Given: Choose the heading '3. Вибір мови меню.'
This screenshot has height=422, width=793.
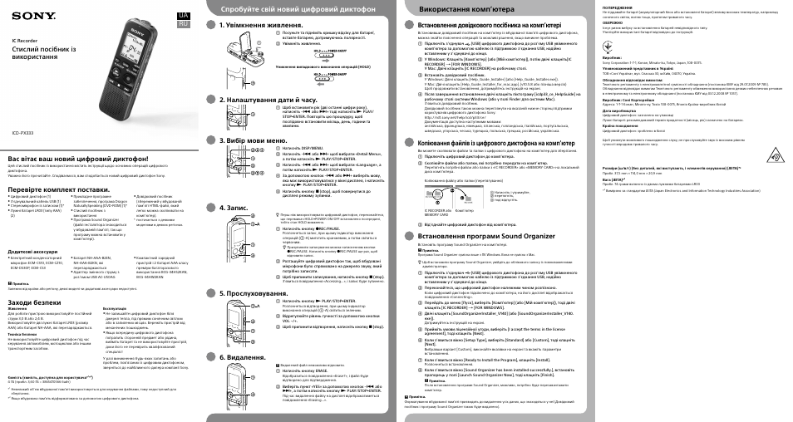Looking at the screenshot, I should pos(253,140).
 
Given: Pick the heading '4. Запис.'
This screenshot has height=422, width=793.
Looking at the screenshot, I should pos(236,206).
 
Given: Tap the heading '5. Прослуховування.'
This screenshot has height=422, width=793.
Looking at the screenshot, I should pos(254,293).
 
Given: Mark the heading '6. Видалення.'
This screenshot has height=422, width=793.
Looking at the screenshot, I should pos(242,356).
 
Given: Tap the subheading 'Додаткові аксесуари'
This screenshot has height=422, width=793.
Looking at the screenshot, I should pos(33,250).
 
